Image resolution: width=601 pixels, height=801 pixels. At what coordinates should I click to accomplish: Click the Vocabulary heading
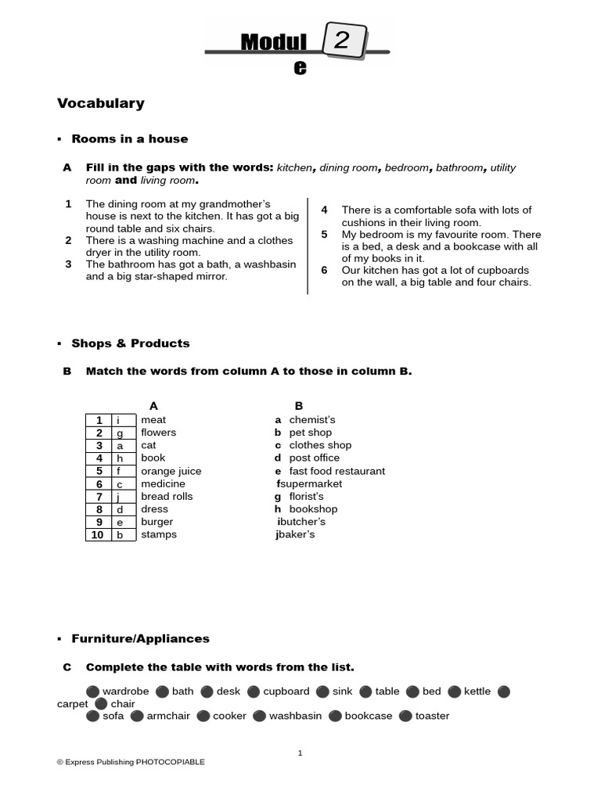click(101, 103)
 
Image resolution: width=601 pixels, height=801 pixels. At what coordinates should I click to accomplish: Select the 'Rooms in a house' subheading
click(130, 138)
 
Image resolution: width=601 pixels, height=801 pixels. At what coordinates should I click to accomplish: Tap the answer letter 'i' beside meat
click(120, 420)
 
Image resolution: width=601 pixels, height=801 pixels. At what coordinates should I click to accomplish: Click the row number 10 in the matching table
click(99, 535)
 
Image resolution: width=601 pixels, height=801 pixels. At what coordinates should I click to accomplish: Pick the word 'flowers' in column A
click(159, 433)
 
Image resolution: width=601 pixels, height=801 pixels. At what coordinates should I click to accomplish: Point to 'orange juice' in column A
click(171, 471)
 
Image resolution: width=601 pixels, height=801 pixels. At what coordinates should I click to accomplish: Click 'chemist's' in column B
click(312, 420)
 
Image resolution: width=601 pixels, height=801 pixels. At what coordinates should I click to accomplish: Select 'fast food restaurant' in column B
click(337, 471)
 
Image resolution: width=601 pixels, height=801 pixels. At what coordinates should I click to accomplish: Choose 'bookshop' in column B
click(314, 509)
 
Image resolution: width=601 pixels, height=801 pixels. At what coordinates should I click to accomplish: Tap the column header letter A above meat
click(153, 405)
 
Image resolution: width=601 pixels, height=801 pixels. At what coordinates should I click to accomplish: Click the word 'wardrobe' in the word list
click(126, 691)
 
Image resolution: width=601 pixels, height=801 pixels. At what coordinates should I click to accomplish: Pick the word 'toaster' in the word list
click(432, 716)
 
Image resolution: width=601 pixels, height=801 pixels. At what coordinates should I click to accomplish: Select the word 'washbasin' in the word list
click(295, 716)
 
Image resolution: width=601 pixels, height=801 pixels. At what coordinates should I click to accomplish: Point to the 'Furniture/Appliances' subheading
click(141, 638)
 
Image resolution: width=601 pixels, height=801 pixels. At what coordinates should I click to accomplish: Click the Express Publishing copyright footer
click(131, 762)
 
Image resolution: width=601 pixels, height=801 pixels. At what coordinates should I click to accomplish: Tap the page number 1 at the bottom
click(300, 753)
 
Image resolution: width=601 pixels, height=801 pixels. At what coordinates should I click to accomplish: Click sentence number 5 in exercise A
click(324, 235)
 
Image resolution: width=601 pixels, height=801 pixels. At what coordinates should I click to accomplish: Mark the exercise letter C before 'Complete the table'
click(67, 667)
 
